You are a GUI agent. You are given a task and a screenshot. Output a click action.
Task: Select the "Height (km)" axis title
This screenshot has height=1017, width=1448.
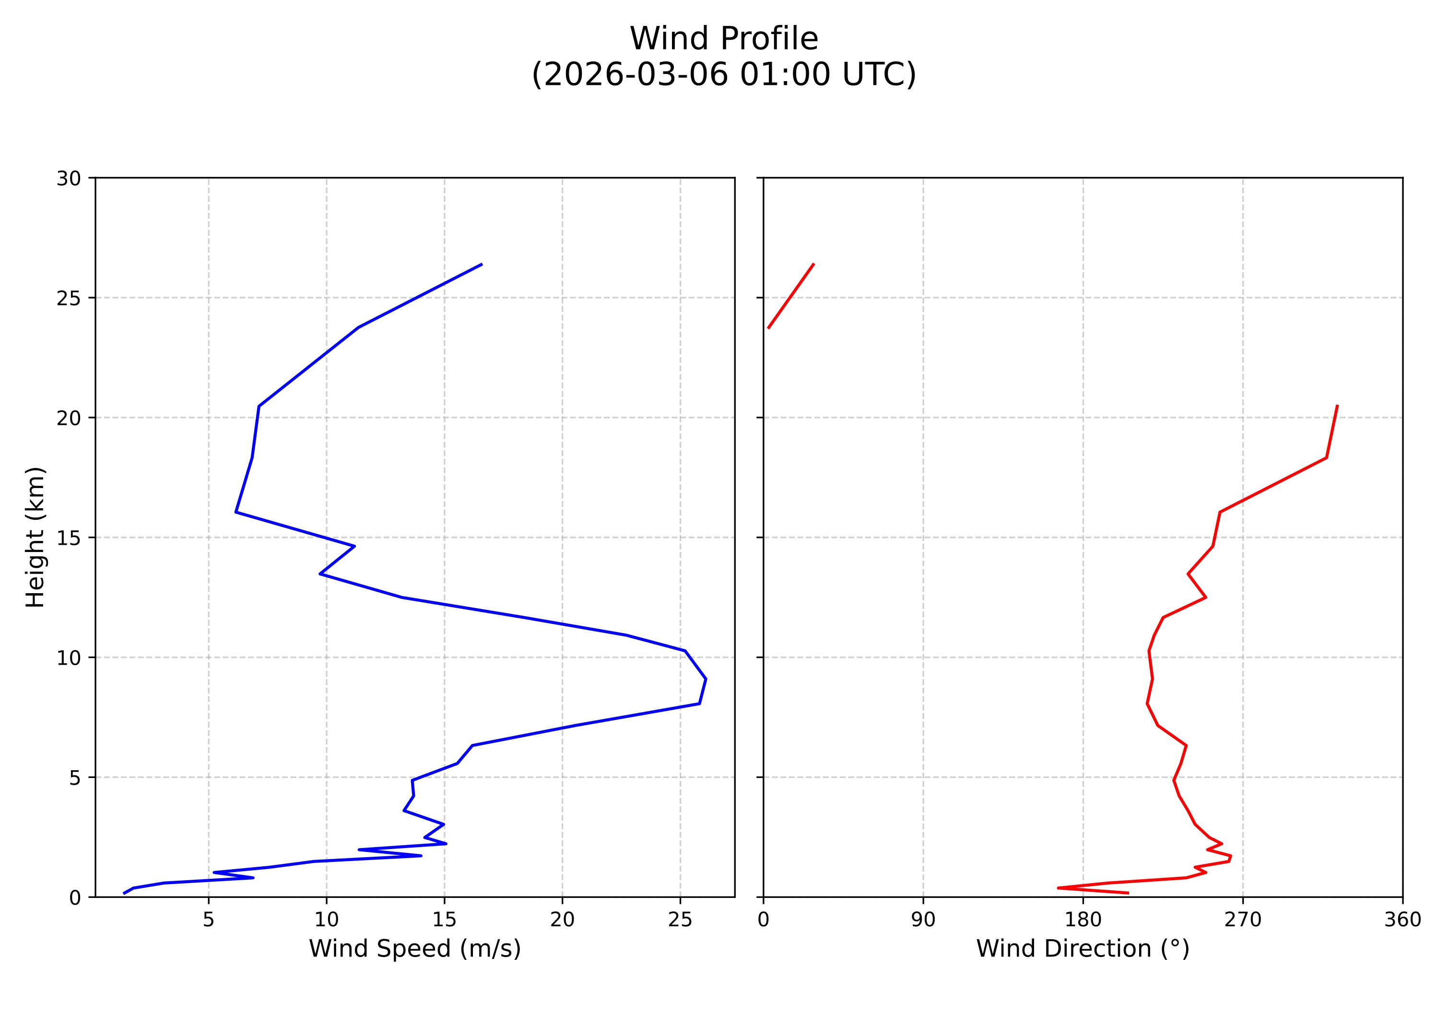pyautogui.click(x=36, y=537)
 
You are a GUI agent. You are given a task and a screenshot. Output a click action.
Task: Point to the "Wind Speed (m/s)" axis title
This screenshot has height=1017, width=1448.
pyautogui.click(x=414, y=948)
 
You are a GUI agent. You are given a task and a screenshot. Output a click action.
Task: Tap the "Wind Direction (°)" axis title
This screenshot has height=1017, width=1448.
pyautogui.click(x=1082, y=948)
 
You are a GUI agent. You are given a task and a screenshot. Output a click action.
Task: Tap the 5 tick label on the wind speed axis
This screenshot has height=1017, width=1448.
pyautogui.click(x=209, y=920)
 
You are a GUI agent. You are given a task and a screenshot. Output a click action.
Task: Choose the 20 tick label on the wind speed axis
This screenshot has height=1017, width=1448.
pyautogui.click(x=562, y=920)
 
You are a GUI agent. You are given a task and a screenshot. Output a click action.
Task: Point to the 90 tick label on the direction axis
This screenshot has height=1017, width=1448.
pyautogui.click(x=923, y=920)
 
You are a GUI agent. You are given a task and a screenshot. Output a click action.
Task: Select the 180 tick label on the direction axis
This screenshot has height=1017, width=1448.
pyautogui.click(x=1083, y=920)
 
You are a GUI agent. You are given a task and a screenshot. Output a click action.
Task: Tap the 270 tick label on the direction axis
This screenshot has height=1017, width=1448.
pyautogui.click(x=1242, y=920)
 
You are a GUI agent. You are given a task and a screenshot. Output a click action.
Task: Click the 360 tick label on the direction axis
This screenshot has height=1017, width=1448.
pyautogui.click(x=1402, y=920)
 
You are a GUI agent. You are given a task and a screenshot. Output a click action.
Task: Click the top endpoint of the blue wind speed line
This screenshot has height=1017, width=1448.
pyautogui.click(x=482, y=264)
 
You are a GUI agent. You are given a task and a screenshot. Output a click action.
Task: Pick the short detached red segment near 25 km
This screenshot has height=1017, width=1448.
pyautogui.click(x=791, y=296)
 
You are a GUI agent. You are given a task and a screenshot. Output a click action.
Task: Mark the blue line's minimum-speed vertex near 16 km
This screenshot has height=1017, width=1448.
pyautogui.click(x=236, y=512)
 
